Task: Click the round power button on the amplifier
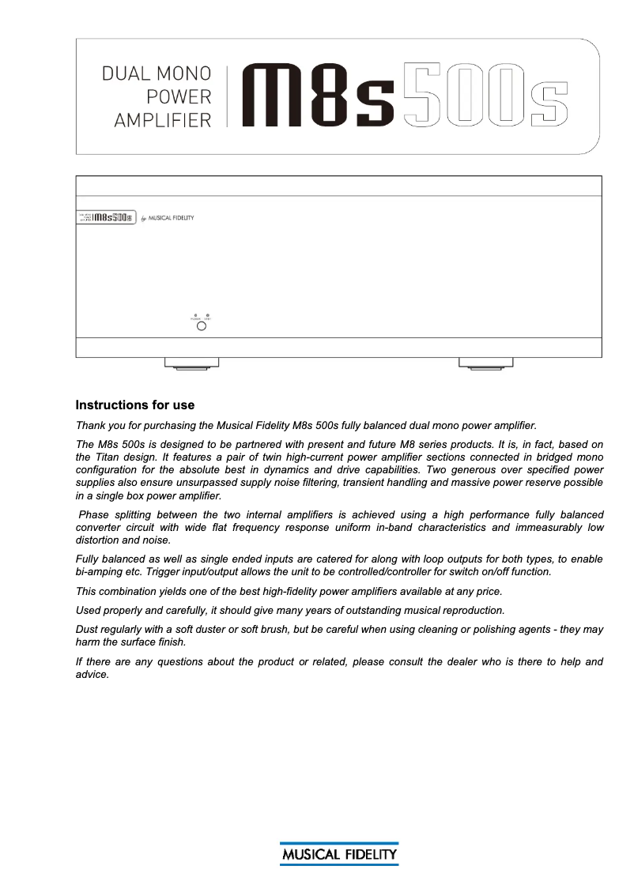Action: tap(201, 326)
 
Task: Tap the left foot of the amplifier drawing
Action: tap(191, 363)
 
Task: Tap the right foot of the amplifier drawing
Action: tap(486, 363)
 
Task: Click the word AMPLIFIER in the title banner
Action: tap(163, 120)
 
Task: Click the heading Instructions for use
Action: tap(134, 405)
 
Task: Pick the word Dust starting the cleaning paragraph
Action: tap(88, 630)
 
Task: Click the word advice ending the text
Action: tap(90, 676)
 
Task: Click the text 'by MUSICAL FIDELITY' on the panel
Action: tap(167, 218)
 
